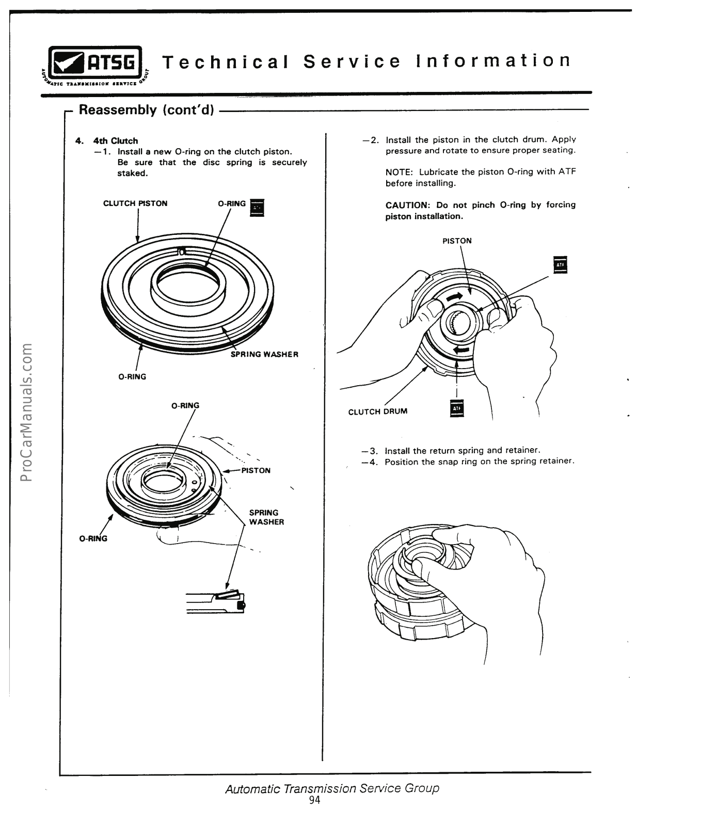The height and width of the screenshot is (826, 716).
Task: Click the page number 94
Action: point(314,800)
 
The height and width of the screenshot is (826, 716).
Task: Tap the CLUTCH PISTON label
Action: point(135,203)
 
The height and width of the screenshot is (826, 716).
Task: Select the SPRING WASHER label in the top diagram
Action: point(264,355)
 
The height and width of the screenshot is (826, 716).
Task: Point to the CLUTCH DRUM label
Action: point(377,411)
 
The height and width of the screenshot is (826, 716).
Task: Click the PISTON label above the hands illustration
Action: point(457,241)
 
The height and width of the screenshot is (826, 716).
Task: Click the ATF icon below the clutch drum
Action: point(457,408)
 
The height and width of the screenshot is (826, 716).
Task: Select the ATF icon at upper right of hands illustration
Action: point(560,265)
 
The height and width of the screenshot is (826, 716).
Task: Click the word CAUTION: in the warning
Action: point(408,205)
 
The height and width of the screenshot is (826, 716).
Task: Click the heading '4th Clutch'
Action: point(115,141)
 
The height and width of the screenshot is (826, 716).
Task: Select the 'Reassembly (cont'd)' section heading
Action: point(146,110)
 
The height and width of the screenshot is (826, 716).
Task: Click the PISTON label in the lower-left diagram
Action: point(255,471)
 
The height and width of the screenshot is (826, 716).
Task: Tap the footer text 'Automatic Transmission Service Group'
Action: point(332,788)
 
